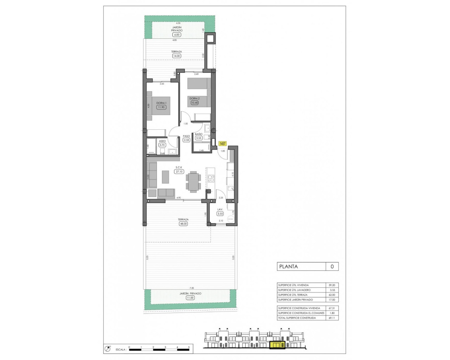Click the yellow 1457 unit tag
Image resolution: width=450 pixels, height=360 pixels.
(223, 144)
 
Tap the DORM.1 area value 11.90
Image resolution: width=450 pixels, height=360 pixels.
(161, 107)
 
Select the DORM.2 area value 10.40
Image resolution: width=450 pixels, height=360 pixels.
(194, 103)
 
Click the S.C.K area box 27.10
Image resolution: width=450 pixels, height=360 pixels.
(179, 172)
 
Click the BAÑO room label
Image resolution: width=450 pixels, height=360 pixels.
(199, 134)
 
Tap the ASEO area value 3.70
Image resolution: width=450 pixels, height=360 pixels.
(162, 145)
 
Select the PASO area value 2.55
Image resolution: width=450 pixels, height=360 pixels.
(186, 140)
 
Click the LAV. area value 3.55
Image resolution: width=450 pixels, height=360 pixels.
(220, 214)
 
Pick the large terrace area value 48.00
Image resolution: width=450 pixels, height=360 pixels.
(183, 224)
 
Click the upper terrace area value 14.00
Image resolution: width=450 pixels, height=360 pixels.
(176, 56)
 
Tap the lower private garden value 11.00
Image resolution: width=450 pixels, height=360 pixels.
(190, 298)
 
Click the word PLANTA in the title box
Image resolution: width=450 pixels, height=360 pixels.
(288, 266)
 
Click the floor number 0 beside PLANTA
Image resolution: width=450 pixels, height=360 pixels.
(332, 266)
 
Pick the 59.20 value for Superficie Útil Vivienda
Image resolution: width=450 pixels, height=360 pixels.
(332, 285)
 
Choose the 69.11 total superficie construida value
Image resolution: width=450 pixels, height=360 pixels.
(332, 318)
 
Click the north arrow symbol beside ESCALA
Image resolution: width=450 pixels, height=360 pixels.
(108, 349)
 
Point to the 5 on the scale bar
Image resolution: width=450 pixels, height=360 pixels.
(189, 347)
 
